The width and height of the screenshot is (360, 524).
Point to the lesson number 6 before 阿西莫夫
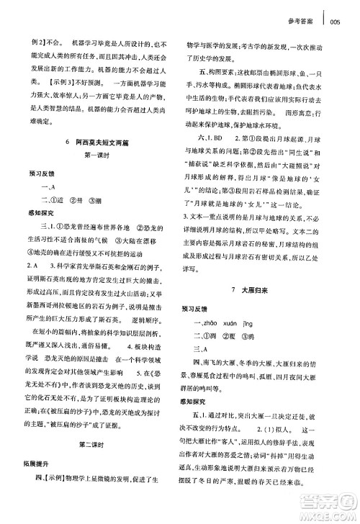coord(66,143)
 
